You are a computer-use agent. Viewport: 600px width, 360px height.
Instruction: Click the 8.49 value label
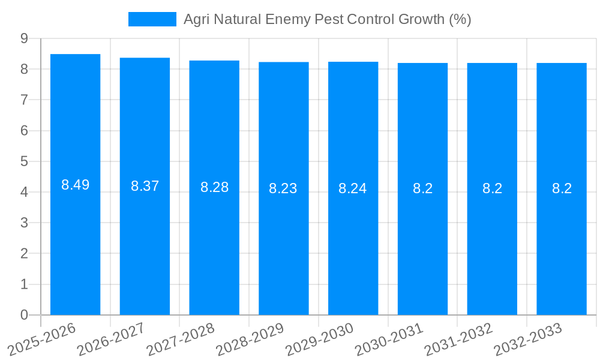point(75,185)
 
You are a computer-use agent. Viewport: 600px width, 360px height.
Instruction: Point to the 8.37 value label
point(145,186)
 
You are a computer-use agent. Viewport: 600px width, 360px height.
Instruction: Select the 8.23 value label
point(283,188)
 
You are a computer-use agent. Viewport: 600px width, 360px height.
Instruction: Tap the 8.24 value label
point(353,188)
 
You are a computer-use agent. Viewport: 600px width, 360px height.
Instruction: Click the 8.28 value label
point(214,187)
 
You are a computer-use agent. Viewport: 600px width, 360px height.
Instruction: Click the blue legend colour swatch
point(152,19)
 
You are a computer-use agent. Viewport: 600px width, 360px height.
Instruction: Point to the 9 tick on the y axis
point(24,38)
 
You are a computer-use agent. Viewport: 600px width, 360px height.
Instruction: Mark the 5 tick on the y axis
point(24,161)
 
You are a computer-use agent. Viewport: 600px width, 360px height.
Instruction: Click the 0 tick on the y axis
point(24,315)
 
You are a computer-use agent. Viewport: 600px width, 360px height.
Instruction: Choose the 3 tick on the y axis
point(24,223)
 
